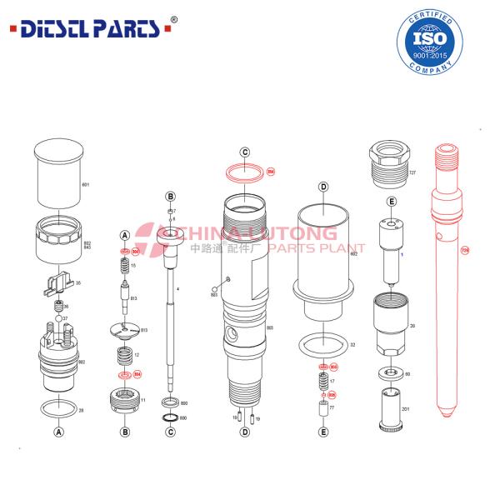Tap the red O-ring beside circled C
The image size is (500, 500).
tap(246, 172)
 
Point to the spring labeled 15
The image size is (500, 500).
tap(123, 267)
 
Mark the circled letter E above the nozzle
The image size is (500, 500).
tap(391, 202)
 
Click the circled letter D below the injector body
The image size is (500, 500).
tap(245, 432)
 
